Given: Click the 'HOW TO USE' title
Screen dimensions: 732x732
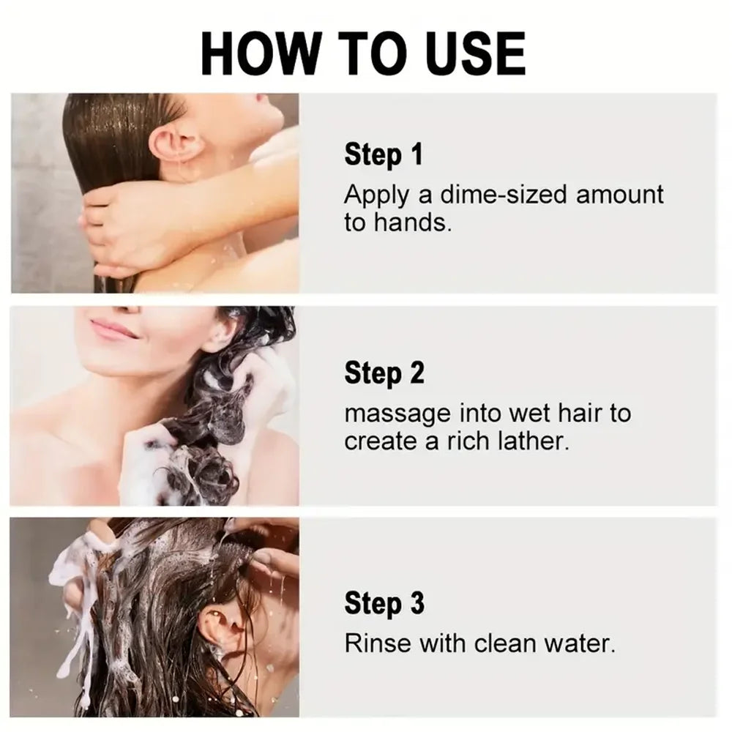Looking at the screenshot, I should [364, 52].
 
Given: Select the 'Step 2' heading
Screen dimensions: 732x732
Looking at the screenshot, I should [384, 373].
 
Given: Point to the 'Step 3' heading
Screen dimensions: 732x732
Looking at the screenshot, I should [384, 604].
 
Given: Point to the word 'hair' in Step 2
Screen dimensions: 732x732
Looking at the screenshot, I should [582, 414].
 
